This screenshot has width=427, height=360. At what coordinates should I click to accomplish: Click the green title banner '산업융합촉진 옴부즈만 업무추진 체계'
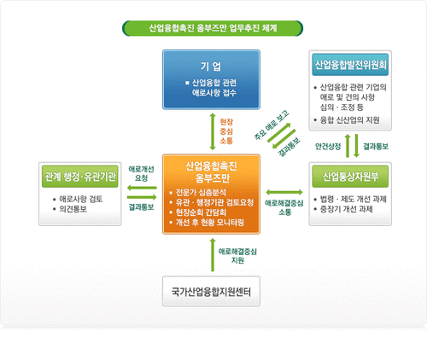[213, 28]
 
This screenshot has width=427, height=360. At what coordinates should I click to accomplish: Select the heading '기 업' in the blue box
[211, 67]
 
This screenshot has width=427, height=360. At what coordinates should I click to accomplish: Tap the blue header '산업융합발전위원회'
[350, 65]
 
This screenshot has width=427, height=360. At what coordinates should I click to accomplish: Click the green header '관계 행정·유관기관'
[80, 177]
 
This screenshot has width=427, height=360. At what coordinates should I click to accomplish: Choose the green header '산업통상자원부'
[350, 177]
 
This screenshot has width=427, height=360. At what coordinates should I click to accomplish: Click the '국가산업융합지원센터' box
[211, 291]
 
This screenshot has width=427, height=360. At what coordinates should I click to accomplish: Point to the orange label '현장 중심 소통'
[226, 131]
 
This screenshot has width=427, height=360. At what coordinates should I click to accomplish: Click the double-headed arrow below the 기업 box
[213, 131]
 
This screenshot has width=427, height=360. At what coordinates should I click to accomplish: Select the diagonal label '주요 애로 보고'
[272, 125]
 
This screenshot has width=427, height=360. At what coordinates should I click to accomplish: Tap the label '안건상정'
[328, 147]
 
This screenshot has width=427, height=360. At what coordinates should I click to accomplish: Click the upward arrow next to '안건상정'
[348, 146]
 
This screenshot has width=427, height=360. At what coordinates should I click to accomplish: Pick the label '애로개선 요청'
[141, 173]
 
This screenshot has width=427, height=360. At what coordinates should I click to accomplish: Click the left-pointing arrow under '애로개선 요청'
[142, 188]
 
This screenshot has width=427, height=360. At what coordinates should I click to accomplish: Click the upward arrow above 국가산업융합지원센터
[213, 255]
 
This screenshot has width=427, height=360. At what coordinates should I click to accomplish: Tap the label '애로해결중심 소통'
[284, 207]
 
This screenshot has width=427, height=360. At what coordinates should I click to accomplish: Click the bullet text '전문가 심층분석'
[201, 193]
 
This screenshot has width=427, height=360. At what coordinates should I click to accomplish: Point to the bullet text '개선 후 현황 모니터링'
[210, 223]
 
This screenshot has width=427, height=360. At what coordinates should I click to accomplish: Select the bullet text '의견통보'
[73, 209]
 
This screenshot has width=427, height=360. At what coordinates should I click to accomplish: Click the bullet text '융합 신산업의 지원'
[349, 120]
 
